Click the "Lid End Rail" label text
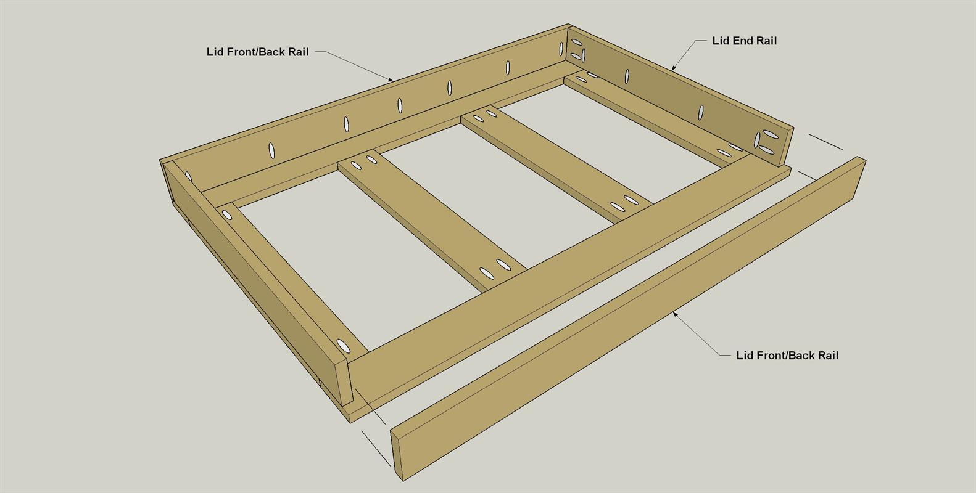tap(744, 41)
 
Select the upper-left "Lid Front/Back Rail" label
tap(257, 52)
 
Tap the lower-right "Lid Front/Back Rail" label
tap(787, 356)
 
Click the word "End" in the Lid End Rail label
tap(743, 41)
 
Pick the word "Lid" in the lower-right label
tap(744, 356)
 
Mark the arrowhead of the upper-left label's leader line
tap(391, 79)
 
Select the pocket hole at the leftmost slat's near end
tap(344, 346)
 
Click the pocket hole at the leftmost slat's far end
tap(227, 214)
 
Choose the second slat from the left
tap(431, 220)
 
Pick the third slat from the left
tap(556, 163)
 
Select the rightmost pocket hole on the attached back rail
tap(561, 49)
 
